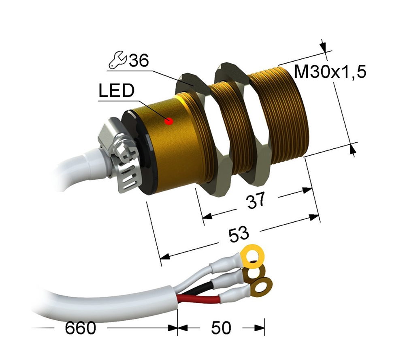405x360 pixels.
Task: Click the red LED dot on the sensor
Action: [x=170, y=121]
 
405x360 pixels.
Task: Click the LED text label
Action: [x=116, y=91]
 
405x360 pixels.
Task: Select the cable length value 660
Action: [x=81, y=328]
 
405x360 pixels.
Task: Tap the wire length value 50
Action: [x=221, y=328]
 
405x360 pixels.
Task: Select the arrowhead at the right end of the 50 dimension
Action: [x=259, y=328]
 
